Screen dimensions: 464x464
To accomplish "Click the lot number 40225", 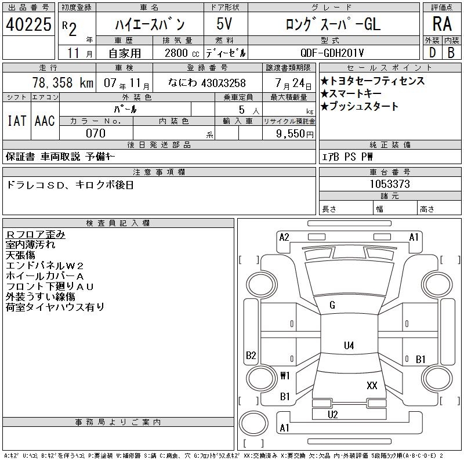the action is [x=28, y=24].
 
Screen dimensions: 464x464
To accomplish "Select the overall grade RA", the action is [x=442, y=24].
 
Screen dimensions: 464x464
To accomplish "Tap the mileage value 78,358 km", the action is [x=63, y=82].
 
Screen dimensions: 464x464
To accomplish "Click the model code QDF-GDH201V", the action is [x=332, y=53].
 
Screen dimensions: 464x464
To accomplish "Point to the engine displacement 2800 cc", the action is [x=182, y=53].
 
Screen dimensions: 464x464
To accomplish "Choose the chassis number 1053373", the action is [x=390, y=184].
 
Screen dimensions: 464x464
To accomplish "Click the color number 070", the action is [x=96, y=133].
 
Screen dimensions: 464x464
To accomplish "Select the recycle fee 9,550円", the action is [x=295, y=134].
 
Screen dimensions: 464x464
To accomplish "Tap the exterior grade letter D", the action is [x=432, y=53].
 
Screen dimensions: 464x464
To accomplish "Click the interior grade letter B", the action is [x=451, y=53].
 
